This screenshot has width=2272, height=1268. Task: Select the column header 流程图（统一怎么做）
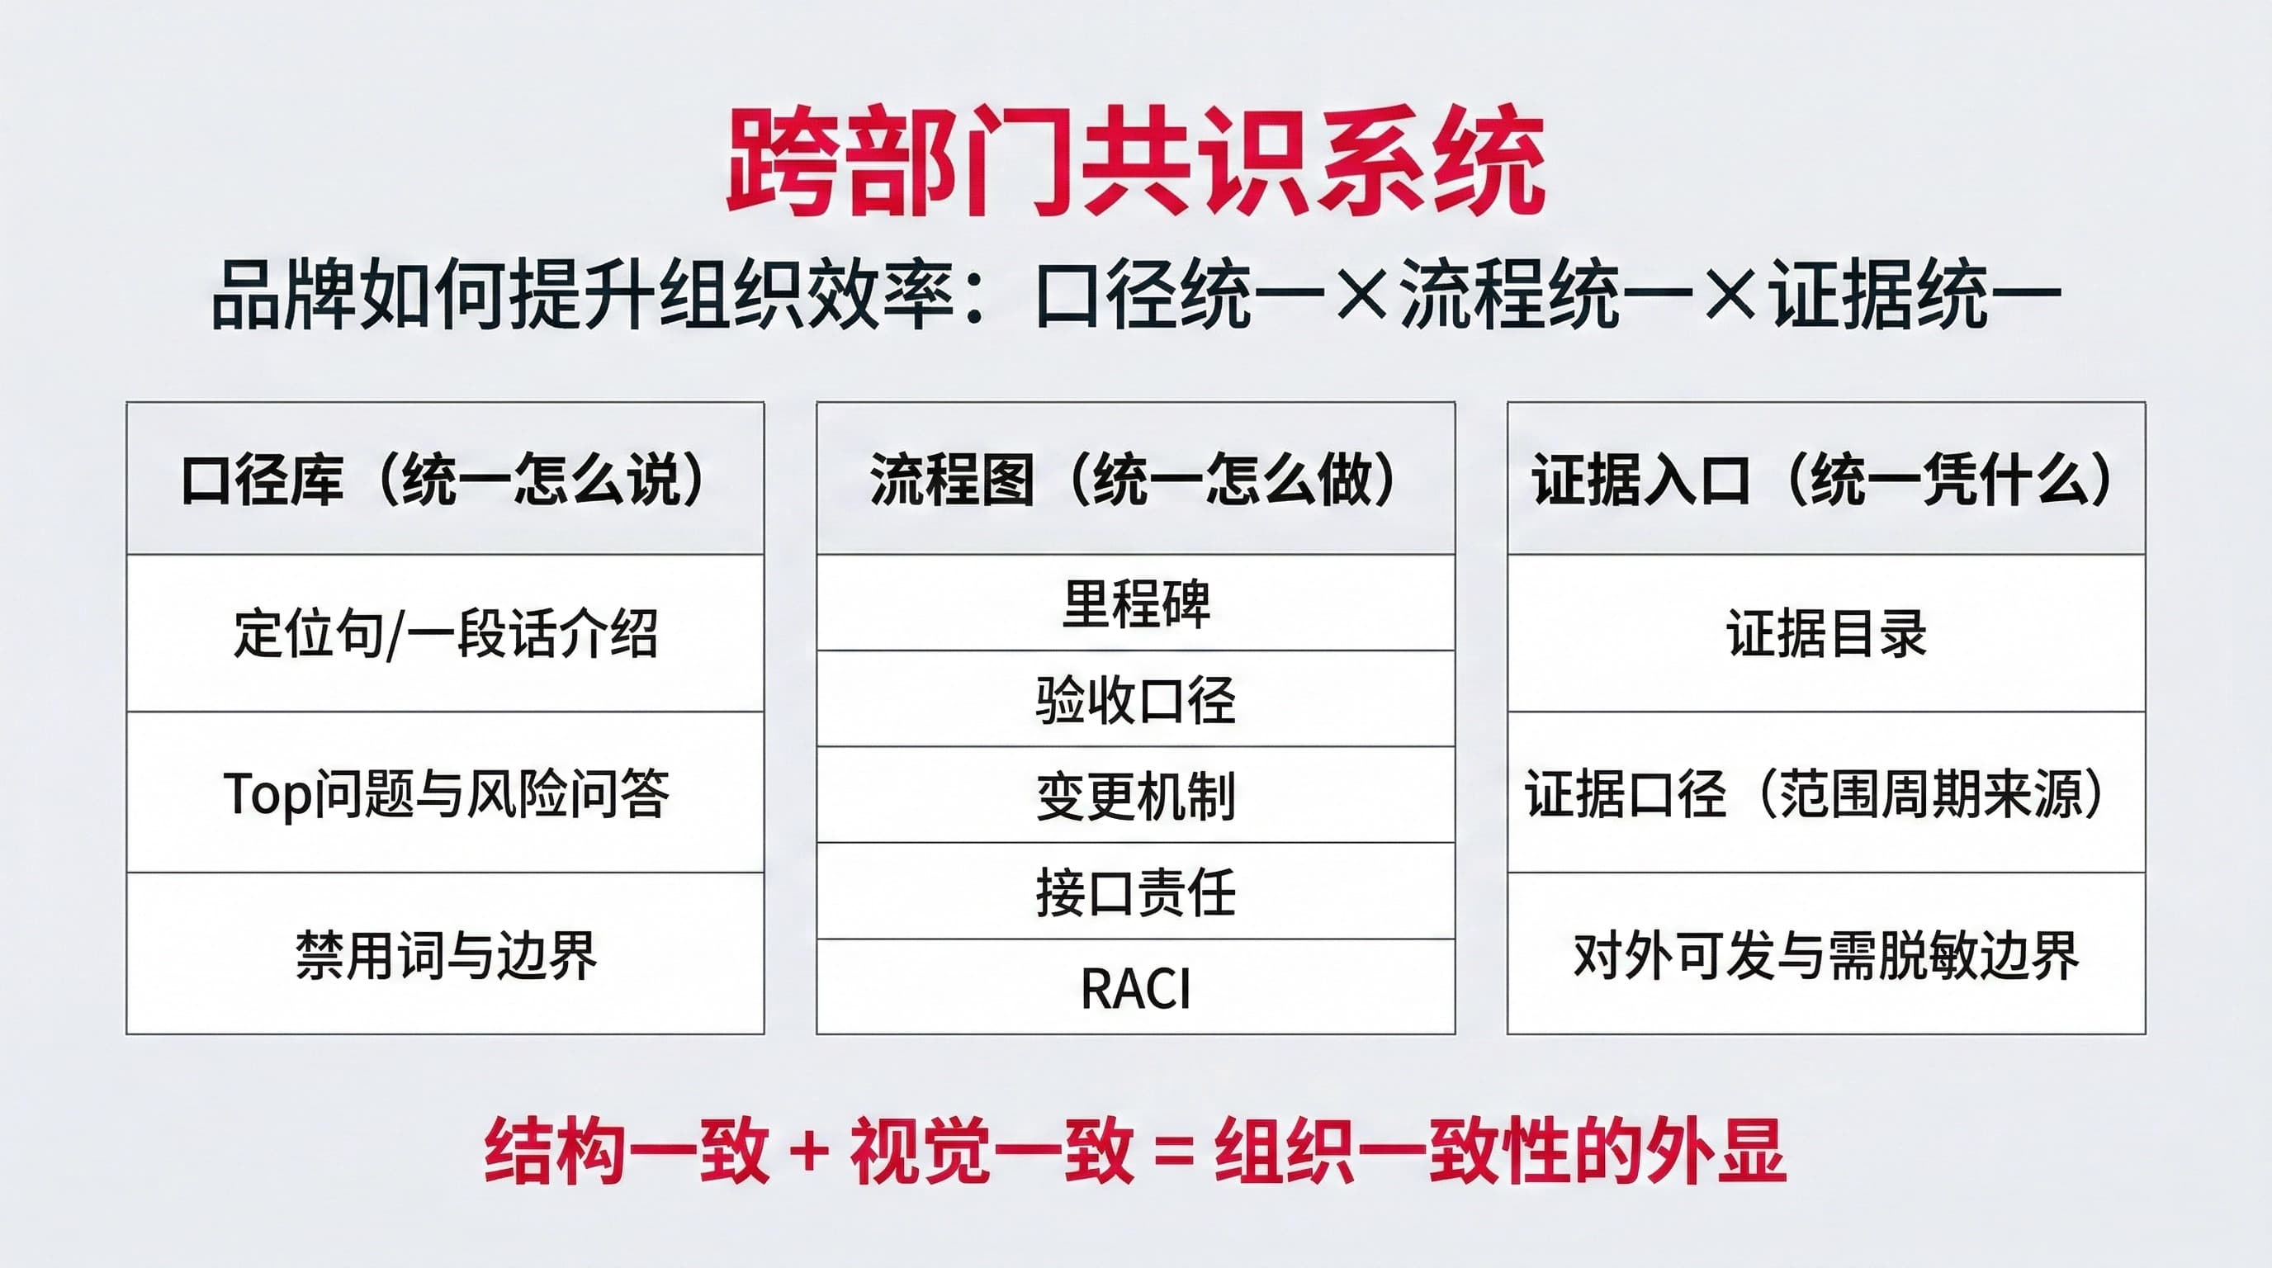point(1135,479)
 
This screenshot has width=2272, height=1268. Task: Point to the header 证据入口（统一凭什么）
point(1825,479)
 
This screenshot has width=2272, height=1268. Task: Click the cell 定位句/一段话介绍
point(446,633)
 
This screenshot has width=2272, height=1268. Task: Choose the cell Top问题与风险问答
point(446,792)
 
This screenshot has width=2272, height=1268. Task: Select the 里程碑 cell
point(1136,603)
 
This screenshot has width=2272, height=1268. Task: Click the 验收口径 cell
point(1136,699)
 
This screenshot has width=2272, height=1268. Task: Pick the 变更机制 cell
point(1136,795)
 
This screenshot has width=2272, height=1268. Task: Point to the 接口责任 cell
point(1136,892)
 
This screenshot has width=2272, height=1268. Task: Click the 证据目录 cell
point(1826,633)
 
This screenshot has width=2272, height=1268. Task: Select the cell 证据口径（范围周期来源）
point(1825,792)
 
